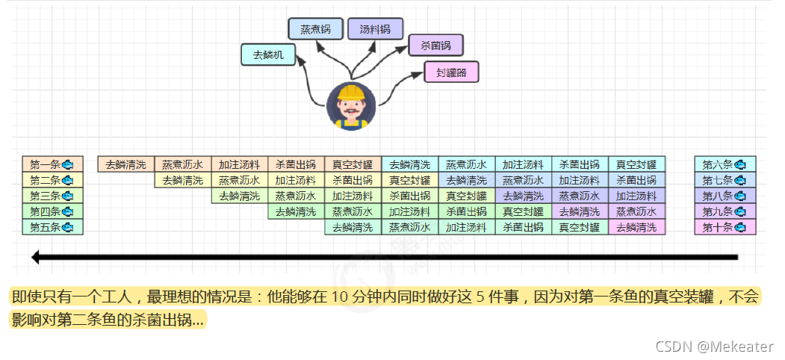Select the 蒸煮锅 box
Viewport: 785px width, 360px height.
pos(316,29)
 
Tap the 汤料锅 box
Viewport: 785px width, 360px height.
pos(375,29)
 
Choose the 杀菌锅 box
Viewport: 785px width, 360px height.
pos(435,45)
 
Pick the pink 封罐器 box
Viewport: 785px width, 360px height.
pos(451,72)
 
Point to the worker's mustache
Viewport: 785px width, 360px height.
pos(351,115)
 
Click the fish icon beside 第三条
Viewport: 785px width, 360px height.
pos(67,196)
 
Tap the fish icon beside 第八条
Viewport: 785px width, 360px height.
pos(739,196)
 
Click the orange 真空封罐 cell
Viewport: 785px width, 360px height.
pos(353,164)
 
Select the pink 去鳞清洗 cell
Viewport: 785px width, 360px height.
pos(636,227)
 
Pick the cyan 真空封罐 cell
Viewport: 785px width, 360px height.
pos(636,164)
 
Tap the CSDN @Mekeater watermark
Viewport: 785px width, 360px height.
pos(714,346)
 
